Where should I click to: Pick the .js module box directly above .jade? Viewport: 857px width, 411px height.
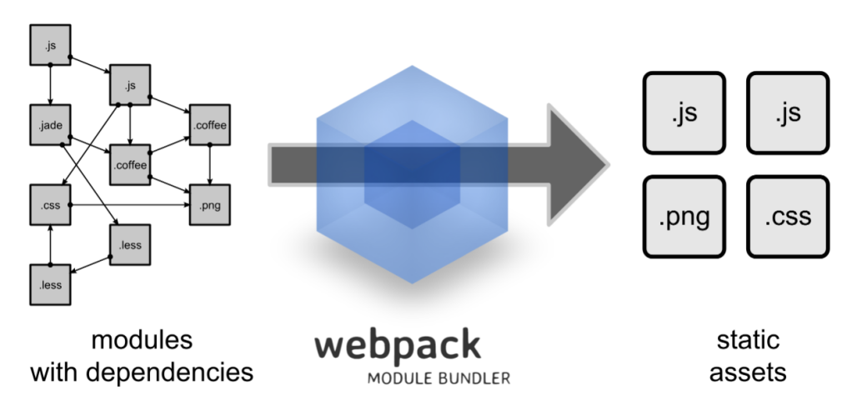click(x=49, y=44)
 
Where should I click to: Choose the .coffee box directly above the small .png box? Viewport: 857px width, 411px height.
click(x=209, y=125)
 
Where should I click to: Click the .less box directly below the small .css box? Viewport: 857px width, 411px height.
click(x=49, y=284)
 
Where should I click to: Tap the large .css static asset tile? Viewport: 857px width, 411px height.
click(x=787, y=217)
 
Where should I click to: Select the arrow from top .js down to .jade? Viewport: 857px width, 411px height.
click(x=49, y=84)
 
